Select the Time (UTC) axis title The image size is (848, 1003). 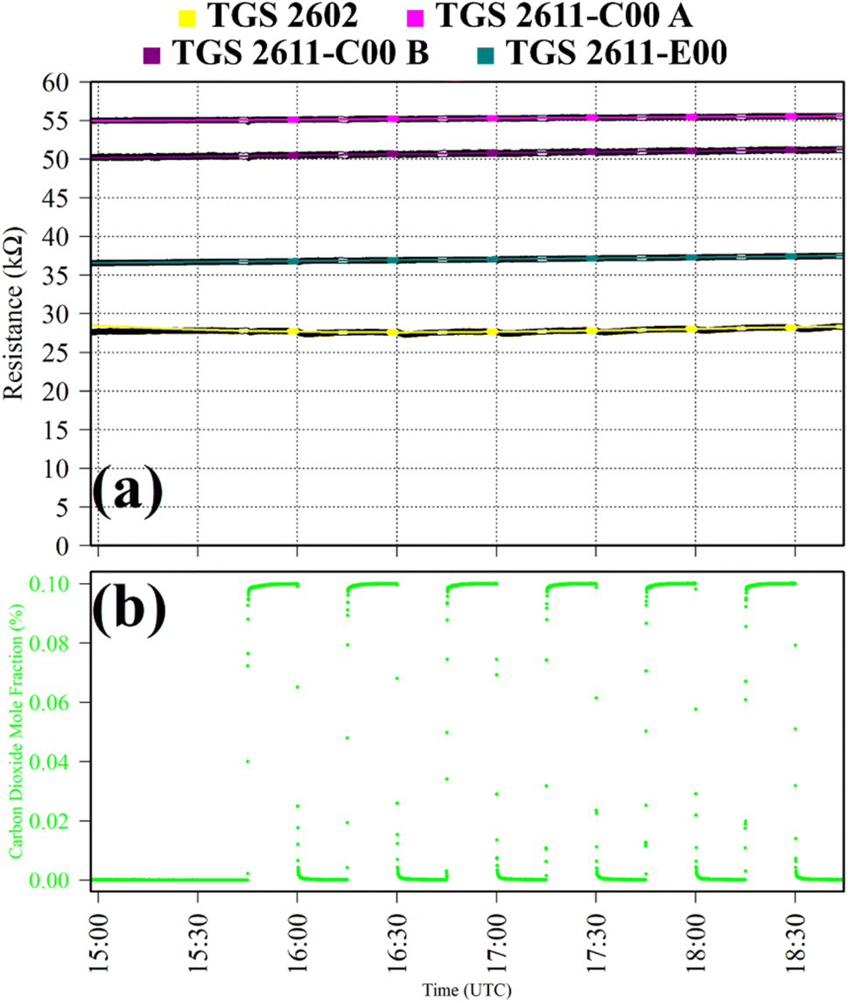click(x=459, y=990)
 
